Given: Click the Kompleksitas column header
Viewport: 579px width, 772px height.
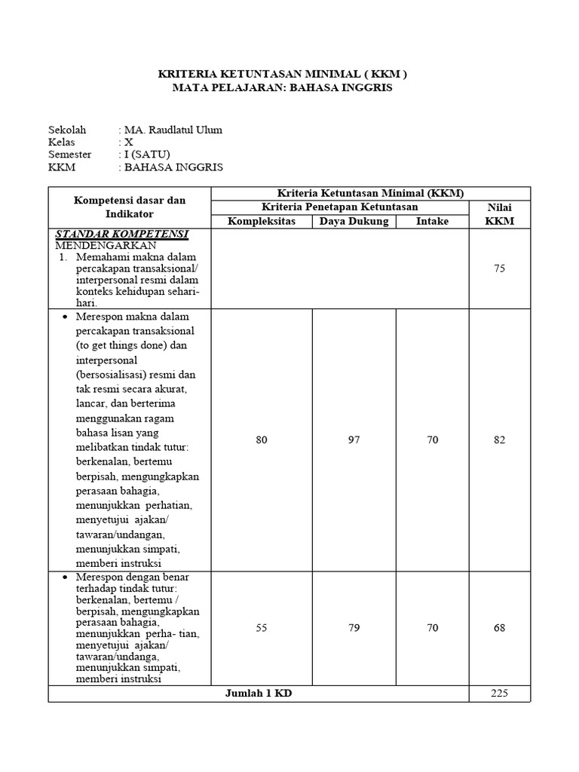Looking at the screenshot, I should (262, 221).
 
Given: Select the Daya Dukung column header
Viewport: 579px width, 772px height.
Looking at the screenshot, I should (354, 221).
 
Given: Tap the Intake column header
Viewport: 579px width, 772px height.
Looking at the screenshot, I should (432, 221).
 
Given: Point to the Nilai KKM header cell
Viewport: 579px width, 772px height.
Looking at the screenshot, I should (499, 214).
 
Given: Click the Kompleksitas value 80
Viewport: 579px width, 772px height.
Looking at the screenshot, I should (262, 440).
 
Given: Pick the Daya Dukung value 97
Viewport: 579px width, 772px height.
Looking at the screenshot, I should (354, 440).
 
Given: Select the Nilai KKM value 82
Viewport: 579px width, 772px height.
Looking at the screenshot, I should (499, 440).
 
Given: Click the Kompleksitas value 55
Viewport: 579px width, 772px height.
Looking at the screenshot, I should (262, 627).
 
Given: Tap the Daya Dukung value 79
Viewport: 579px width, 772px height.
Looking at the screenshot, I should (354, 627).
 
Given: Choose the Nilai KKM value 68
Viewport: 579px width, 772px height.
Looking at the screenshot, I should (499, 627).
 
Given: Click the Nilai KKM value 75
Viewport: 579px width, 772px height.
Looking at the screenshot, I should (499, 268).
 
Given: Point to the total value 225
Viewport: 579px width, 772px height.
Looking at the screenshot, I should (499, 694).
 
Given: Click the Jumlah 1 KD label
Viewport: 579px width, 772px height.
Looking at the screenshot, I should (259, 694).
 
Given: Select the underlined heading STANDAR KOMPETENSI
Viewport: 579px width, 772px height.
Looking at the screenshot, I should (121, 234).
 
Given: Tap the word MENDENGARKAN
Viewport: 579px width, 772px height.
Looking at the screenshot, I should (106, 245).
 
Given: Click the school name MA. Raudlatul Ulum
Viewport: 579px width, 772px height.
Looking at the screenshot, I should (173, 130).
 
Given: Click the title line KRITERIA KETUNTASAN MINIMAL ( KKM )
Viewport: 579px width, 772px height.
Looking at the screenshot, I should (281, 74).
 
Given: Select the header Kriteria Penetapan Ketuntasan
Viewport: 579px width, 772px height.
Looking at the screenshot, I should (339, 207).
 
